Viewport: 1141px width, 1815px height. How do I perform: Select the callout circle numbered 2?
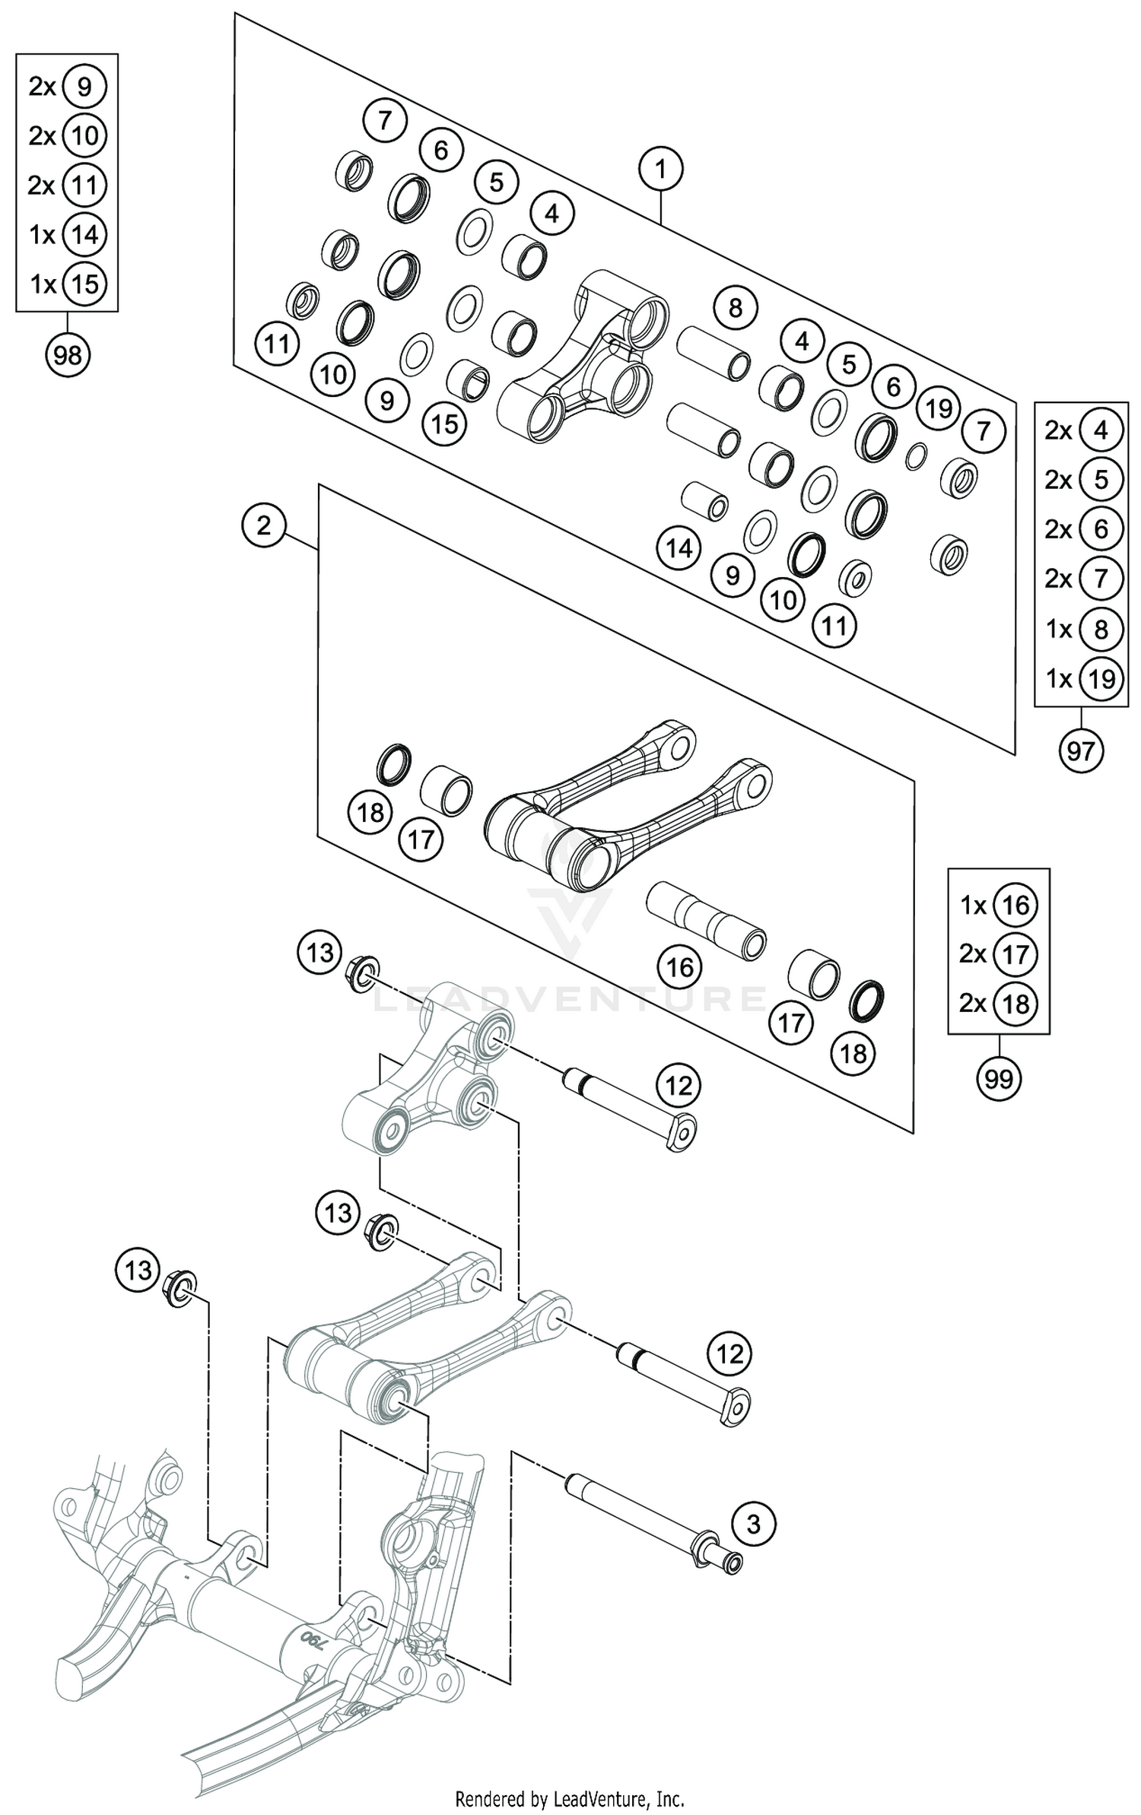click(x=263, y=525)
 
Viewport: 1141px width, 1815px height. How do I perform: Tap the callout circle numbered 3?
click(x=753, y=1525)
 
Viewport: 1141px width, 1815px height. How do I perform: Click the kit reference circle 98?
click(x=68, y=354)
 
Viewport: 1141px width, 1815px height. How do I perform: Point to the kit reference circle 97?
click(x=1080, y=751)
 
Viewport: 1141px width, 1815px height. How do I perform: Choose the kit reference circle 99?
click(x=998, y=1077)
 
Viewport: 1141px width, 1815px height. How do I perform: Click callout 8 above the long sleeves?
click(x=734, y=308)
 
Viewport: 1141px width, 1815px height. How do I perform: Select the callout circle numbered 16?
click(x=679, y=967)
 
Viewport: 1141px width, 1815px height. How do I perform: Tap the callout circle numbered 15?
click(x=445, y=424)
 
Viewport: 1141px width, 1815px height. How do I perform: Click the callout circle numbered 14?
click(x=679, y=547)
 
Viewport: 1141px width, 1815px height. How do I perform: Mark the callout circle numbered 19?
click(x=939, y=408)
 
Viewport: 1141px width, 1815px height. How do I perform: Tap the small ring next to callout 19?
click(x=917, y=455)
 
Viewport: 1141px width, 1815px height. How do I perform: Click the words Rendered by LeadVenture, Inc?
click(x=570, y=1798)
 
